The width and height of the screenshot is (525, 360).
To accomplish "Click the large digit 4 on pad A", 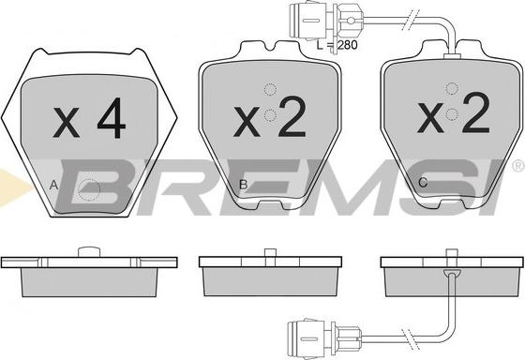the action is tap(112, 119).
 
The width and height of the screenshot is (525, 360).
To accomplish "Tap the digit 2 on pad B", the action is tap(291, 118).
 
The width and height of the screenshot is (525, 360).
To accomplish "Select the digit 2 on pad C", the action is tap(476, 112).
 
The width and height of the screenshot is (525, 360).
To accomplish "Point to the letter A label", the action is tap(53, 185).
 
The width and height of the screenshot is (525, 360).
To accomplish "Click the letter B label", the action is tap(243, 184).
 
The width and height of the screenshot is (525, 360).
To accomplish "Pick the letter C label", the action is tap(423, 183).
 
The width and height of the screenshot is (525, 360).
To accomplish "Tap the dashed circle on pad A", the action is tap(89, 190).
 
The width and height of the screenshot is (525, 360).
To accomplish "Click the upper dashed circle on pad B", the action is tap(270, 89).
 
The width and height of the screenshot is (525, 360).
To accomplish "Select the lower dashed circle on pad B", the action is tap(270, 115).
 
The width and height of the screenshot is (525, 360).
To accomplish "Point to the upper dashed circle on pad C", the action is tap(452, 89).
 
